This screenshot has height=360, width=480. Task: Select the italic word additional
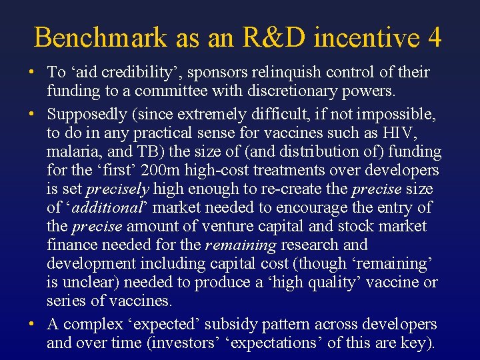tap(111, 208)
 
